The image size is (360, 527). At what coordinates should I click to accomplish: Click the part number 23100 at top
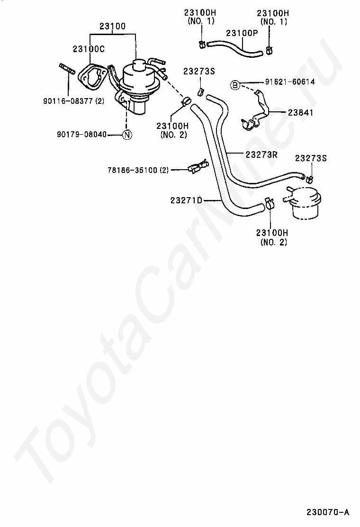(113, 27)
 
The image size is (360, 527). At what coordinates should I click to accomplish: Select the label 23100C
(89, 49)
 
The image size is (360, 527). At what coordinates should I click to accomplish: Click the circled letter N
(127, 135)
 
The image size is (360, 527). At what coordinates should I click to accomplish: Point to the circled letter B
(234, 85)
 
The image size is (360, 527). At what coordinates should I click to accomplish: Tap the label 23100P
(242, 33)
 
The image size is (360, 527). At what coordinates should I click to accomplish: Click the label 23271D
(186, 200)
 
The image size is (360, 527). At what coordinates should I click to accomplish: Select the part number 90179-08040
(81, 135)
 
